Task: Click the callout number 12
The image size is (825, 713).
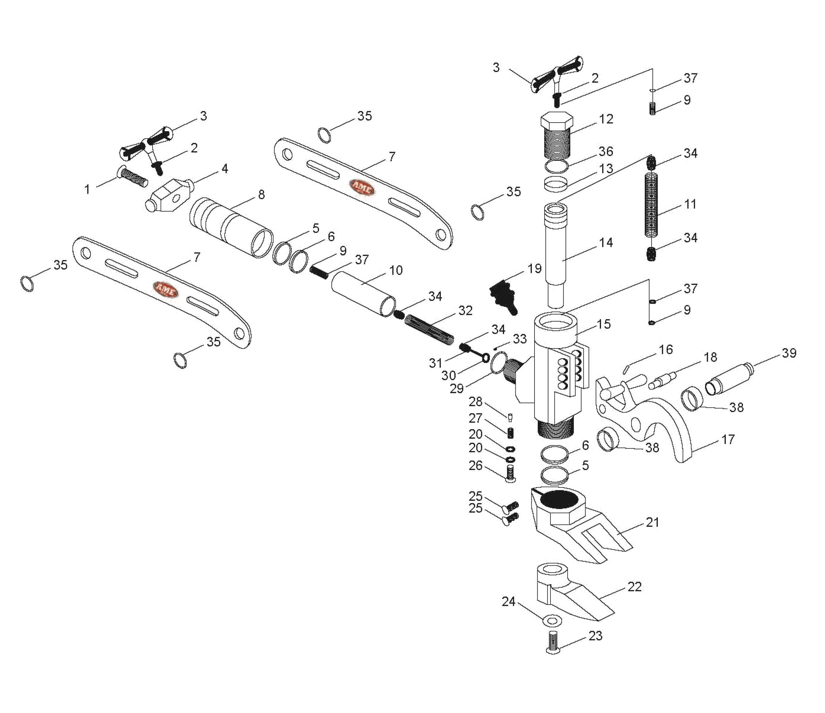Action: (x=606, y=119)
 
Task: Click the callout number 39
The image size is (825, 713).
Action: (x=789, y=353)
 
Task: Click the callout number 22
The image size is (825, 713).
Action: (x=634, y=587)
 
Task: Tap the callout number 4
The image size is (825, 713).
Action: (x=225, y=169)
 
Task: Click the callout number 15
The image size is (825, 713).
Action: (x=604, y=324)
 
